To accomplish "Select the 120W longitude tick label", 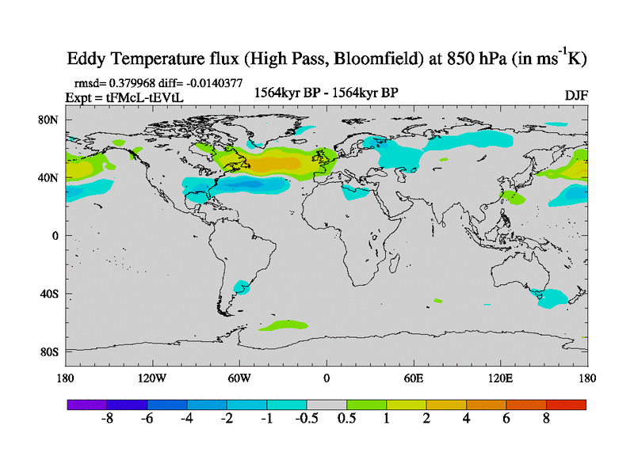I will [152, 378].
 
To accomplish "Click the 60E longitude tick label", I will [414, 378].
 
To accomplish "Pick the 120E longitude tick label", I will [501, 378].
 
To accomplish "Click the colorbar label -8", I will [109, 420].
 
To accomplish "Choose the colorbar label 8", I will [546, 420].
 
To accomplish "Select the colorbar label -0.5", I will [307, 420].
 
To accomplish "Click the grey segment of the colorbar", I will [327, 405].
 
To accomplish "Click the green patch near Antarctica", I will [284, 325].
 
